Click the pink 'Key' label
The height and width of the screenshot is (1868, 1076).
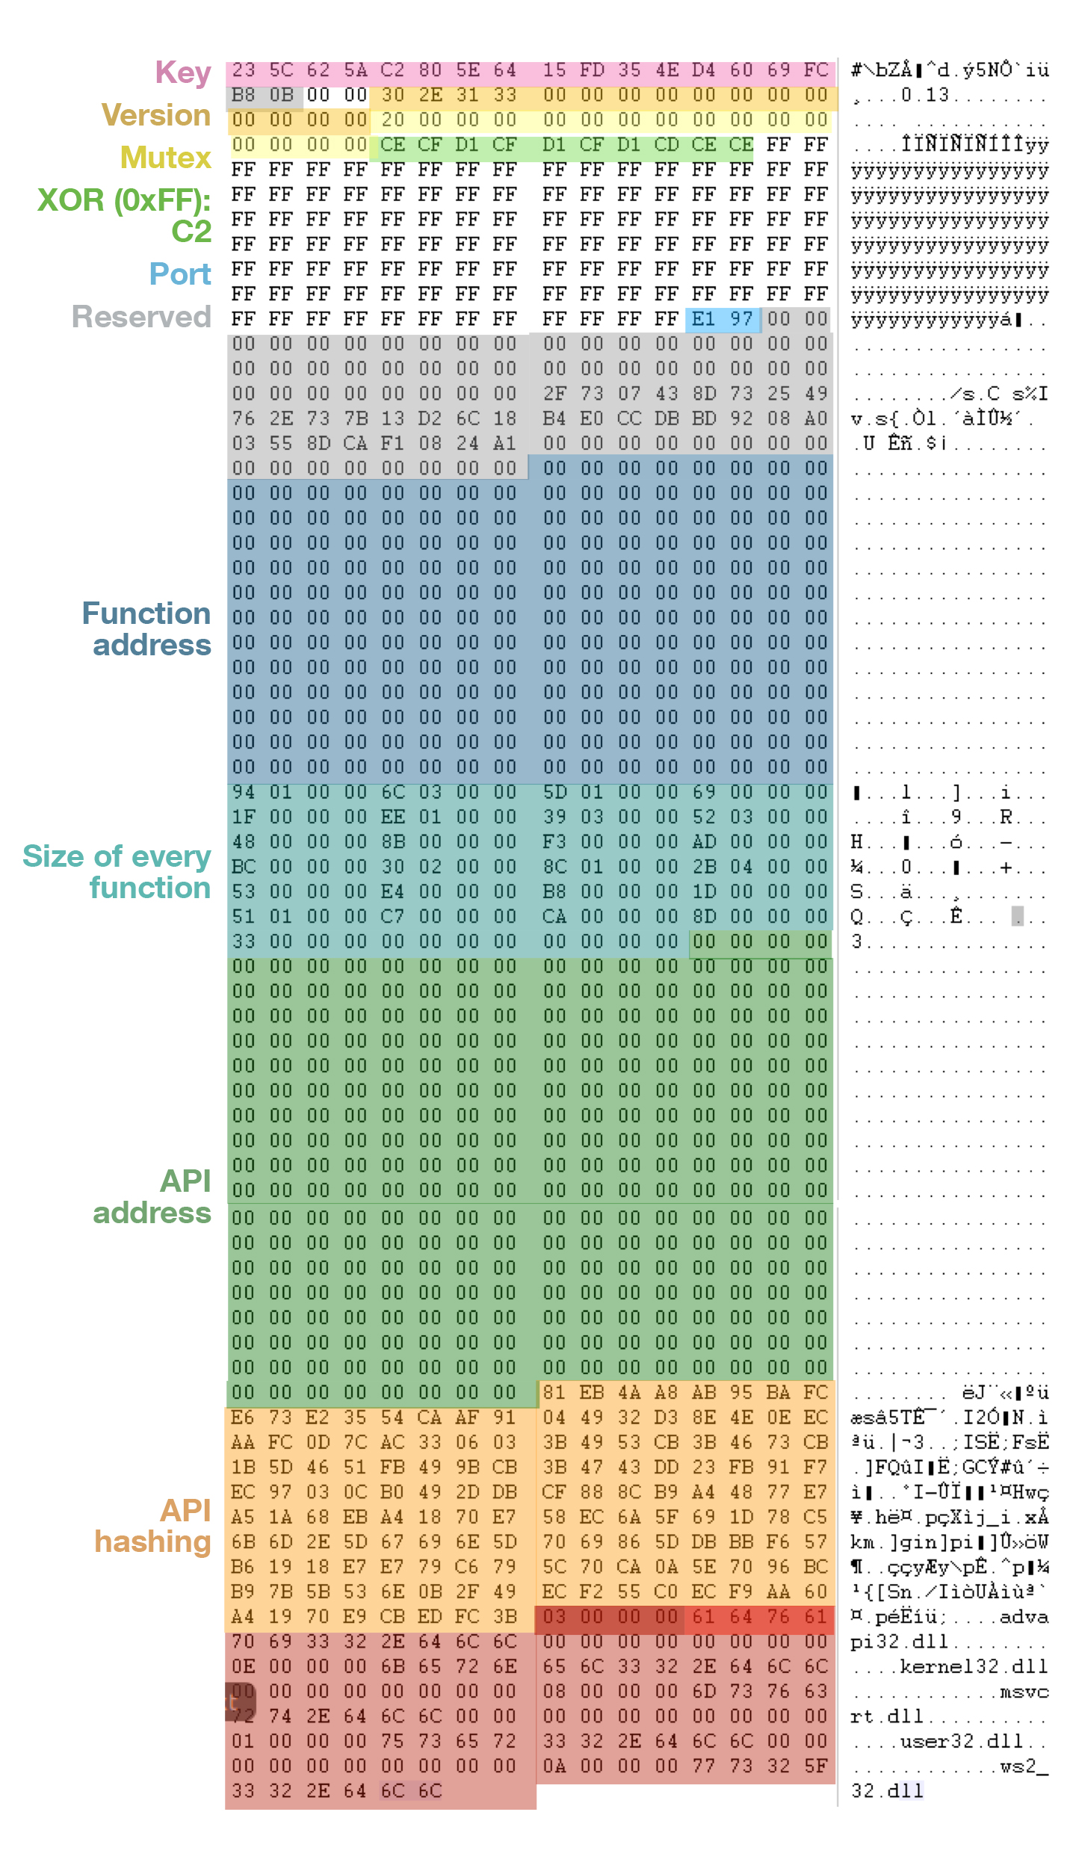point(183,73)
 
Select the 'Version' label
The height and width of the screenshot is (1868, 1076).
point(156,116)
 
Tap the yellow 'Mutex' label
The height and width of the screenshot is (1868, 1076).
point(166,158)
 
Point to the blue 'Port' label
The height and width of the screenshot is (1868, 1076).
point(180,275)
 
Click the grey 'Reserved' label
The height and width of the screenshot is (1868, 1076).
point(141,318)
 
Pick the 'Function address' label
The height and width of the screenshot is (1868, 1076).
point(146,629)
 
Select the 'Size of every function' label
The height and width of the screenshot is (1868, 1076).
point(117,872)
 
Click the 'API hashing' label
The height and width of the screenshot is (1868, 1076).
point(153,1526)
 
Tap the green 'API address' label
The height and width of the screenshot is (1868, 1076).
point(152,1197)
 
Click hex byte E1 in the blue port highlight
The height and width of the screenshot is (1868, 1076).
point(703,320)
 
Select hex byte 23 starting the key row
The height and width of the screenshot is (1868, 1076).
point(244,70)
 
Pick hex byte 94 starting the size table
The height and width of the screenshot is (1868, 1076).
point(244,792)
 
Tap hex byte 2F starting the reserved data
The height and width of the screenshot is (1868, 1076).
point(554,394)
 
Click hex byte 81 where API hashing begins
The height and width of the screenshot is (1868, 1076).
point(554,1393)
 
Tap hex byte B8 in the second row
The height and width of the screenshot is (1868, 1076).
point(244,96)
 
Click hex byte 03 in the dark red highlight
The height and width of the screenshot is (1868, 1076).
point(554,1617)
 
